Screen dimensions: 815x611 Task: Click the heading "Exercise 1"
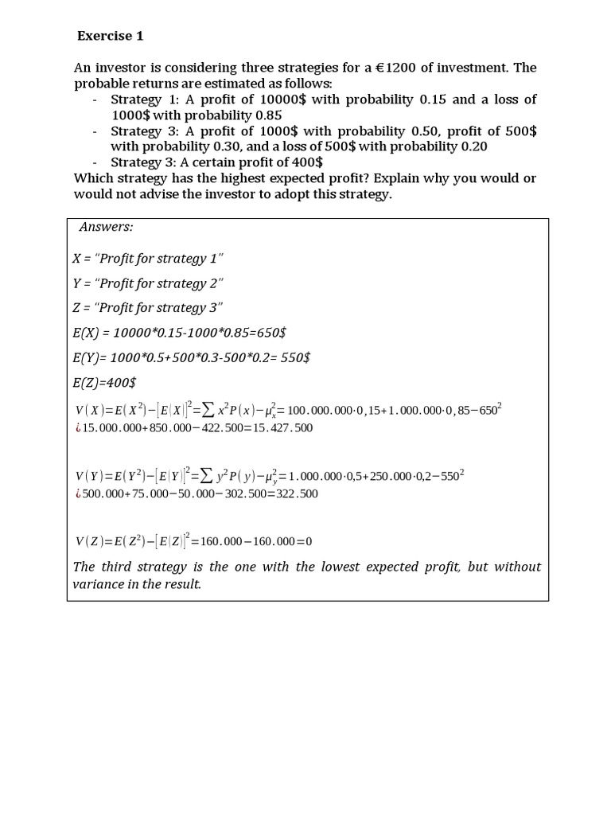point(111,36)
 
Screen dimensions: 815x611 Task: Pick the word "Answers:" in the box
point(107,227)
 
